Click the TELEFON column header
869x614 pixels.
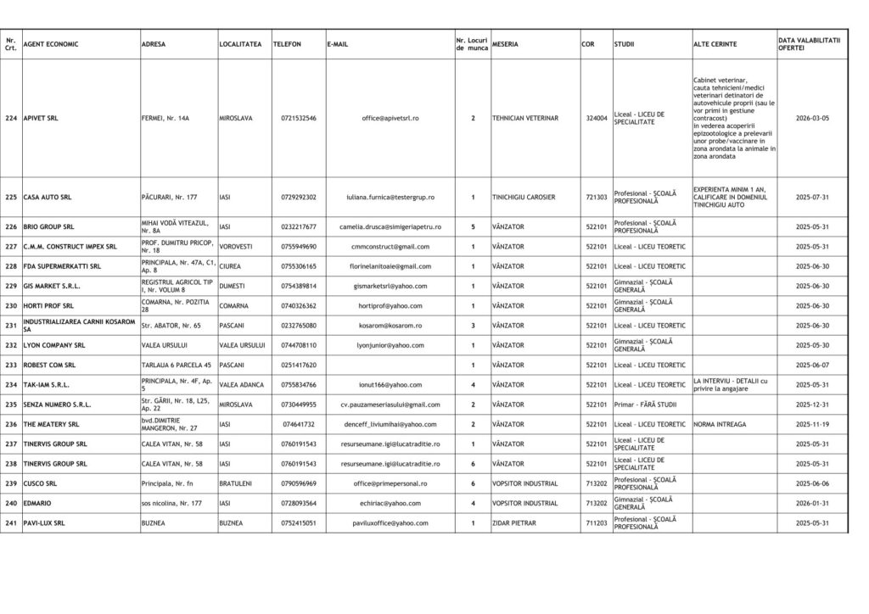[287, 44]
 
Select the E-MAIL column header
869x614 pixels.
[337, 44]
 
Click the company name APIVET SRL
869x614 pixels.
[42, 119]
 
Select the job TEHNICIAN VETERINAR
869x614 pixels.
[525, 119]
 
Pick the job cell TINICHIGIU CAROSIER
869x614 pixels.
[524, 198]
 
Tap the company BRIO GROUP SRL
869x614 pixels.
[48, 227]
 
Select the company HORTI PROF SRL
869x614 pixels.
[48, 306]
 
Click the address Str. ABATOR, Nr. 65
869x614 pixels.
[171, 326]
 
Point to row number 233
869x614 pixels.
[11, 365]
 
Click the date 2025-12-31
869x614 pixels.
[812, 405]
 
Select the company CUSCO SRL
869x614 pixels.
[40, 483]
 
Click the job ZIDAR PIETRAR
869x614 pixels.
[516, 523]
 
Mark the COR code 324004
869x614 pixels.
[597, 119]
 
